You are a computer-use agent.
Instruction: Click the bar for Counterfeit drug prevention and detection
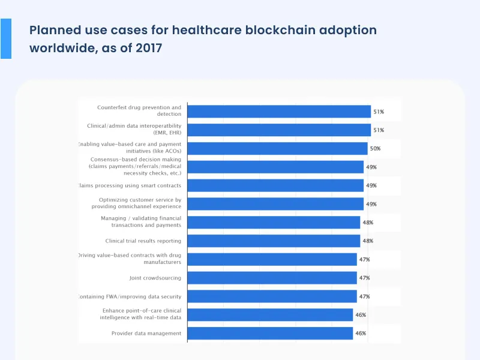(279, 112)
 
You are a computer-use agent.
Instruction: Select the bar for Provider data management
(270, 333)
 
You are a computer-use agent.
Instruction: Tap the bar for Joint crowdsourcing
(272, 278)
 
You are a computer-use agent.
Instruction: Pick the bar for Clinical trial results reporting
(274, 241)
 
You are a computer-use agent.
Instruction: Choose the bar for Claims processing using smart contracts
(275, 185)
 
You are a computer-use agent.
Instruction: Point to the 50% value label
(375, 148)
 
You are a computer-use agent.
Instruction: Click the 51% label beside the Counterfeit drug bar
(379, 112)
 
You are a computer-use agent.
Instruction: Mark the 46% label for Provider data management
(360, 333)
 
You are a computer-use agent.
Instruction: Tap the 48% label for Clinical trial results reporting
(367, 241)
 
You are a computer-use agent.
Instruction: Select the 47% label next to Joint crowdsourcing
(364, 278)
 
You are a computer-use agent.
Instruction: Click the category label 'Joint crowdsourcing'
(155, 278)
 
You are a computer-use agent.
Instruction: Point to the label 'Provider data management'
(146, 333)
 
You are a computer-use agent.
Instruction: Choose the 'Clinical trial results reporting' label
(143, 241)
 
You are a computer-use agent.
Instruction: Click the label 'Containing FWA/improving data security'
(130, 296)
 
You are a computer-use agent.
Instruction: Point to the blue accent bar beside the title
(5, 38)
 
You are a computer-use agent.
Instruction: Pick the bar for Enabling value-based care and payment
(277, 148)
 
